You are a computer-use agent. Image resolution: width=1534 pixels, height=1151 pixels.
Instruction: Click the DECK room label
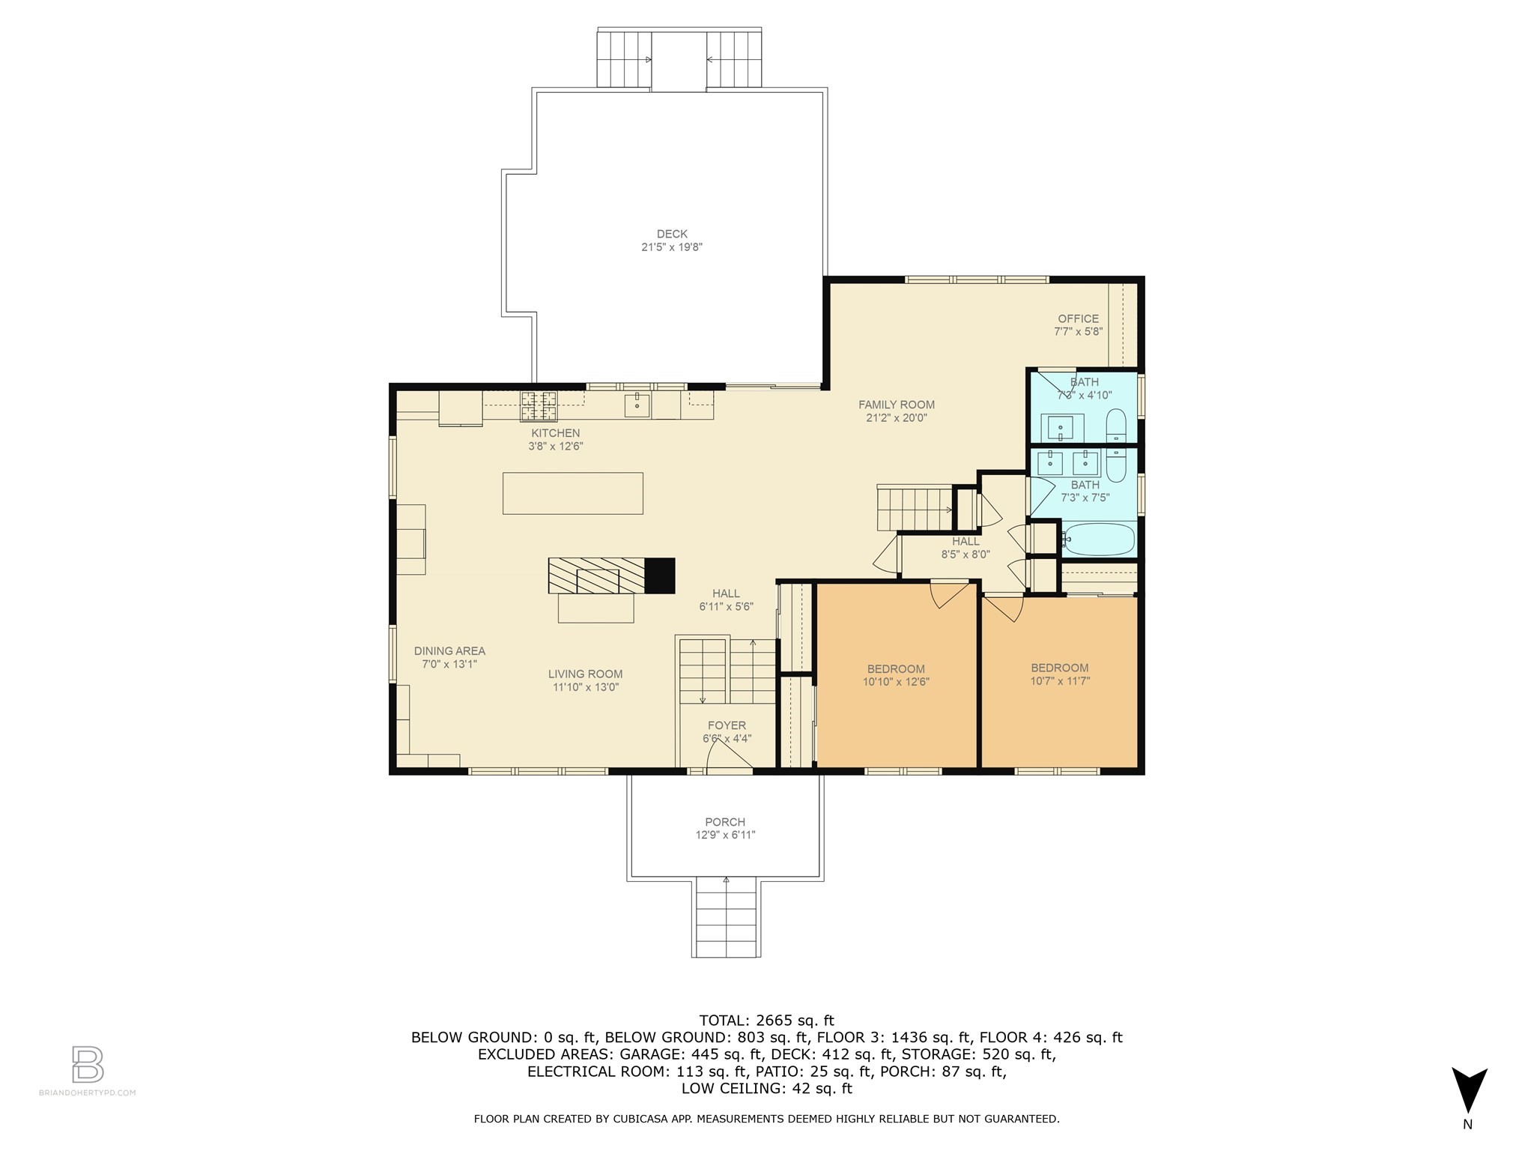pos(672,235)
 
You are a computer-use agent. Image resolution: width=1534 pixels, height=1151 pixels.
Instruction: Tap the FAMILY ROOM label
pos(897,405)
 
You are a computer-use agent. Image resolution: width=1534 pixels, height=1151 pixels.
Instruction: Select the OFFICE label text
pos(1078,318)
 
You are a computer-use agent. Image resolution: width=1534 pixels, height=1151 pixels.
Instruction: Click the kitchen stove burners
pos(539,405)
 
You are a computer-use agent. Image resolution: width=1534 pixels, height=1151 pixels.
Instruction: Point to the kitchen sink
pos(637,405)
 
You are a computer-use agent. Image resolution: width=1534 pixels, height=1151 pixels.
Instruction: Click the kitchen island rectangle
pos(573,493)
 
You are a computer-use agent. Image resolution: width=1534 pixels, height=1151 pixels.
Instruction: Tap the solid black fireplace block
pos(660,575)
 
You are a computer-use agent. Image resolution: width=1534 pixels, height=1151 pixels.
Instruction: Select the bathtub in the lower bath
pos(1100,540)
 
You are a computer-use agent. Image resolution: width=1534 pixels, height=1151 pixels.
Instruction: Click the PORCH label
pos(725,822)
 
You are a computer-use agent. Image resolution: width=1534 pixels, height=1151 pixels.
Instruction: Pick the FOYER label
pos(727,725)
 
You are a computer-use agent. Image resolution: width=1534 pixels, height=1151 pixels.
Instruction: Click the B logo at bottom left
pos(88,1064)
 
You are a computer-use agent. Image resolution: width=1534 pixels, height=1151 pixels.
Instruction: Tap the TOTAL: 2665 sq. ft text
pos(766,1020)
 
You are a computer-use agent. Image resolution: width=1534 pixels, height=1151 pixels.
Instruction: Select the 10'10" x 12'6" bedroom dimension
pos(896,682)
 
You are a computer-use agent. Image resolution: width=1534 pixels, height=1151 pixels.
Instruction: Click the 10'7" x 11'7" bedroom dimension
pos(1060,681)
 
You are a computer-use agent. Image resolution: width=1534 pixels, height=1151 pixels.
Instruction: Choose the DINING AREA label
pos(449,651)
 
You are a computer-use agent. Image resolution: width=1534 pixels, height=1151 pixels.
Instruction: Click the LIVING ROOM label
pos(585,674)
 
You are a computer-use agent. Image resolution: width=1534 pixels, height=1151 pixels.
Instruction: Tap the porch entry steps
pos(726,917)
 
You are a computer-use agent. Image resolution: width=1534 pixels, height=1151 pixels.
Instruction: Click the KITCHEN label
pos(556,433)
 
